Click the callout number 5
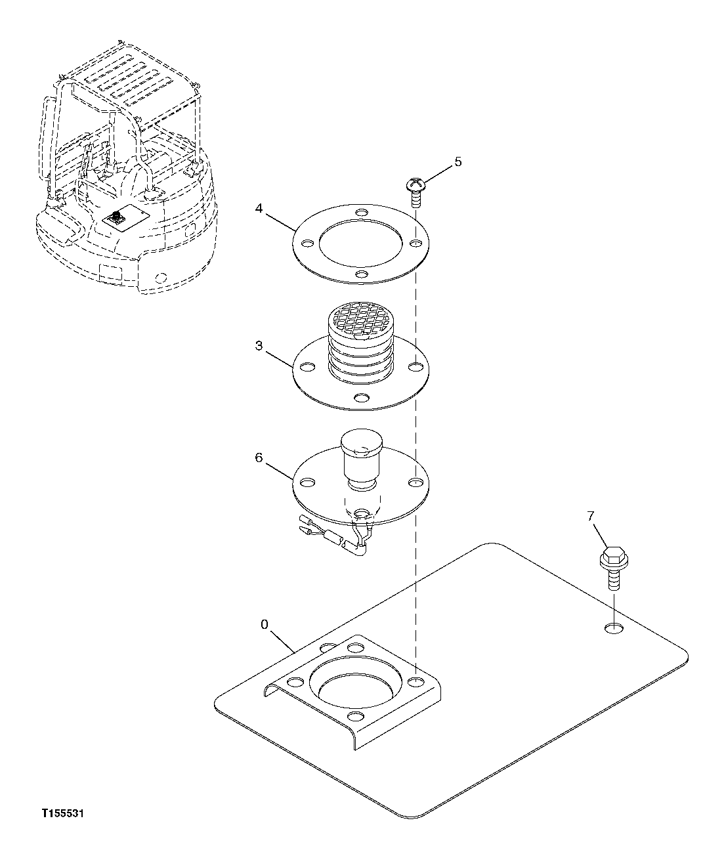(x=458, y=161)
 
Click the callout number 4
(x=259, y=209)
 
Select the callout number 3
(x=259, y=345)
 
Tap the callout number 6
(x=259, y=457)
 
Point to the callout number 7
(x=590, y=517)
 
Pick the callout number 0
(x=264, y=624)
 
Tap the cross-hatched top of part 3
(x=359, y=317)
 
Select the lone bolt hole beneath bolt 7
(x=614, y=629)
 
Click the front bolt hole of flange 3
(x=360, y=398)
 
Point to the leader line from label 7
(x=599, y=535)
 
